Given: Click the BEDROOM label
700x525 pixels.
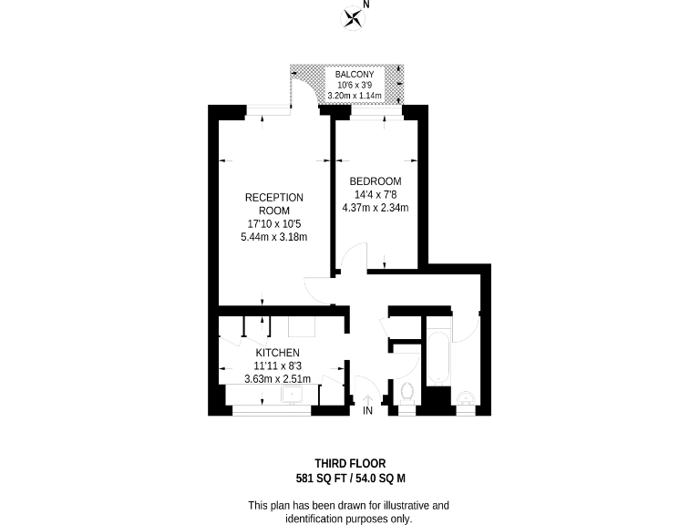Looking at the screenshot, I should [x=376, y=181].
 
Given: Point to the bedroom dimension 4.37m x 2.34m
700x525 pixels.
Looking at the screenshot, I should [x=375, y=207].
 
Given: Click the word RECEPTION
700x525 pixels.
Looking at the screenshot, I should [x=274, y=198].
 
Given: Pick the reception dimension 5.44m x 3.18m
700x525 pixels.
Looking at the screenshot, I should [x=273, y=237].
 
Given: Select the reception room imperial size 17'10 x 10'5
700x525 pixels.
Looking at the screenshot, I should [x=273, y=224].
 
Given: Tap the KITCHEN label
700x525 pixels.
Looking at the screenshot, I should [x=277, y=353].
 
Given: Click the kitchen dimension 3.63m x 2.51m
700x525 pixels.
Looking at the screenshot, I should [x=277, y=379].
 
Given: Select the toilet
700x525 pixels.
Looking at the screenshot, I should [x=407, y=395].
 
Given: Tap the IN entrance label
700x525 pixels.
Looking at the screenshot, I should [x=367, y=412].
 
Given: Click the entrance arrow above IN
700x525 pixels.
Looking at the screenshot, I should [x=367, y=398].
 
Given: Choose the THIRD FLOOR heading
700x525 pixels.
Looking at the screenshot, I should [x=350, y=464].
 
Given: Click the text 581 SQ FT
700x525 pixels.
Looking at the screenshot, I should [x=320, y=478].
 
